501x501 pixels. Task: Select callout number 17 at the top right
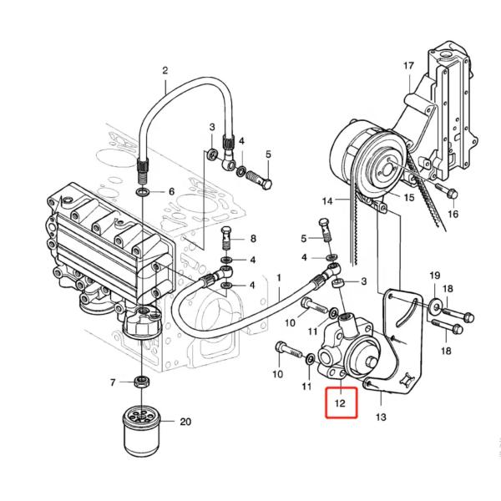pyautogui.click(x=408, y=65)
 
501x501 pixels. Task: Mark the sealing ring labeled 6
pyautogui.click(x=144, y=191)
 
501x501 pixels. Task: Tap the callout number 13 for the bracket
pyautogui.click(x=381, y=416)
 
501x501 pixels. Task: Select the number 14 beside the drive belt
pyautogui.click(x=327, y=201)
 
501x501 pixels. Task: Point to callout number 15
pyautogui.click(x=408, y=198)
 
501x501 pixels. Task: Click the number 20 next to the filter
pyautogui.click(x=185, y=422)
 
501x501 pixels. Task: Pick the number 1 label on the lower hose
pyautogui.click(x=278, y=277)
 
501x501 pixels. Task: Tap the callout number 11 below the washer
pyautogui.click(x=306, y=387)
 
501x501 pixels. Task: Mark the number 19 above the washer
pyautogui.click(x=434, y=276)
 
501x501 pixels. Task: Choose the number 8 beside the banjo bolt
pyautogui.click(x=252, y=239)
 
